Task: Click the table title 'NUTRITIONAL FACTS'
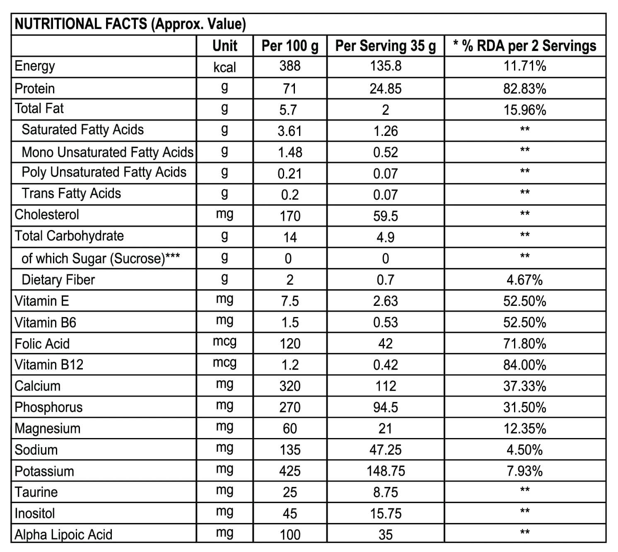coord(81,24)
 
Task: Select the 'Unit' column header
coord(225,46)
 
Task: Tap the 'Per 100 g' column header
coord(290,46)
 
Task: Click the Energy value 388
coord(290,66)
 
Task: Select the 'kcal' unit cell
coord(225,67)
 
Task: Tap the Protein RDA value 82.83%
coord(524,89)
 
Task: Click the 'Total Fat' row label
coord(39,108)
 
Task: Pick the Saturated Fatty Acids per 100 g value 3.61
coord(290,131)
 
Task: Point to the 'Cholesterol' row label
coord(47,215)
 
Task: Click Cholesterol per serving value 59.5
coord(386,216)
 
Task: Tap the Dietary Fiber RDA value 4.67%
coord(524,280)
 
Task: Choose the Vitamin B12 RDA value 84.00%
coord(524,365)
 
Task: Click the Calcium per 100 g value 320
coord(290,386)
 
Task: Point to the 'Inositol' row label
coord(34,513)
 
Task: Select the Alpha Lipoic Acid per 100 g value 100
coord(290,535)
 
